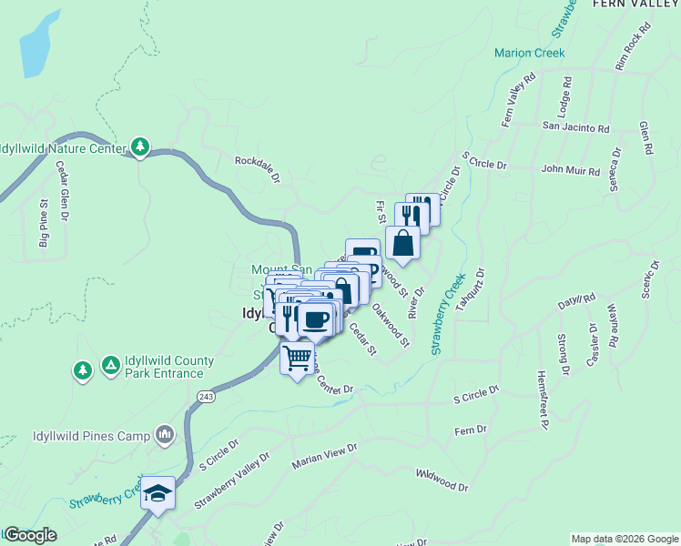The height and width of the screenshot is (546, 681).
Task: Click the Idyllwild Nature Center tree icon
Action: [x=140, y=146]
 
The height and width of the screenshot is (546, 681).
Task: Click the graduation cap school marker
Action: [x=158, y=493]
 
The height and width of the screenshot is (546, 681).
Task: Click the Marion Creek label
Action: [x=529, y=53]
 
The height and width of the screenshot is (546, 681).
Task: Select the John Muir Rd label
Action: [x=571, y=170]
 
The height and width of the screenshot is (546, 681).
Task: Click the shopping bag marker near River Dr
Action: [x=402, y=243]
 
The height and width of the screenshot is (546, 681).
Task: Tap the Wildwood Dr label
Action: [x=442, y=480]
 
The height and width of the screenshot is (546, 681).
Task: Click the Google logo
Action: [x=29, y=535]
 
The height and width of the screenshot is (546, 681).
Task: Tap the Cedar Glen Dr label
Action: [x=63, y=191]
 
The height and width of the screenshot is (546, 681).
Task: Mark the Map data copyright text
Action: [x=624, y=539]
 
